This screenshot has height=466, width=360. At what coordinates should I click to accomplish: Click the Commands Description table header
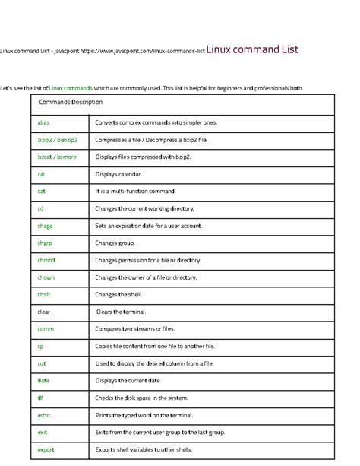click(x=70, y=102)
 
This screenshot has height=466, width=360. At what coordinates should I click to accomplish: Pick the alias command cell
click(x=43, y=122)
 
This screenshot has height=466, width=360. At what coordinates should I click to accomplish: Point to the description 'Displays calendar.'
click(x=121, y=173)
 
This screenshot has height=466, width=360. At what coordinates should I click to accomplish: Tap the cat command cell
click(x=42, y=191)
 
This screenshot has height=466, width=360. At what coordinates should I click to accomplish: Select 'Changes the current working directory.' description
click(x=144, y=208)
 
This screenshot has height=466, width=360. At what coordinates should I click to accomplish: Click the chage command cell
click(x=45, y=226)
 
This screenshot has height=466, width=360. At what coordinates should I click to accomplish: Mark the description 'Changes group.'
click(x=115, y=243)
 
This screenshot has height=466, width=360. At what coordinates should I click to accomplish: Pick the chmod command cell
click(x=46, y=260)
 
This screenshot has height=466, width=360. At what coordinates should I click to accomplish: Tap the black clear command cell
click(x=44, y=312)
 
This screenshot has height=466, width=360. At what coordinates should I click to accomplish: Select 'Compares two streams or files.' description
click(x=135, y=328)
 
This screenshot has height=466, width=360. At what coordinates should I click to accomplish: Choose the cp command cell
click(x=40, y=346)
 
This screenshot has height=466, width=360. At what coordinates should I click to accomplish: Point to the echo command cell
click(x=43, y=415)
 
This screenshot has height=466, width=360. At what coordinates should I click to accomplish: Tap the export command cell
click(x=46, y=449)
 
